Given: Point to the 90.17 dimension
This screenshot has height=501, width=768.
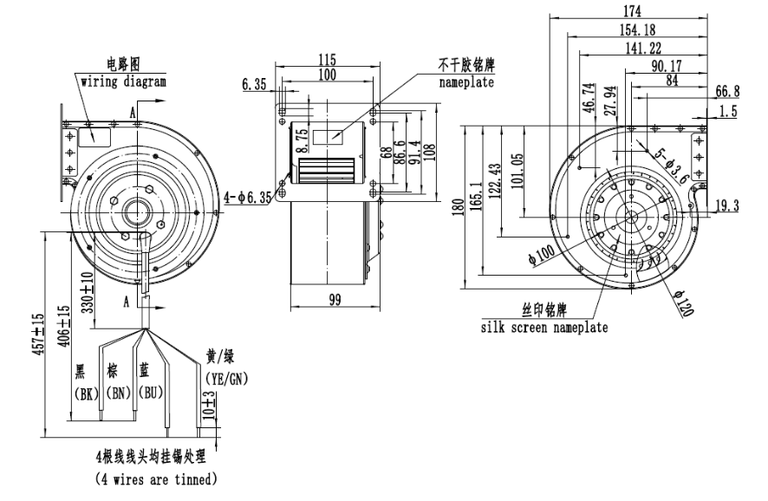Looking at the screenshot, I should (666, 65).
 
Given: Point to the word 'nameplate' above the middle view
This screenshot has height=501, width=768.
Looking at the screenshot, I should (465, 83).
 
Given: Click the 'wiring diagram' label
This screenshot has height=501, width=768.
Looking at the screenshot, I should (123, 81).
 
